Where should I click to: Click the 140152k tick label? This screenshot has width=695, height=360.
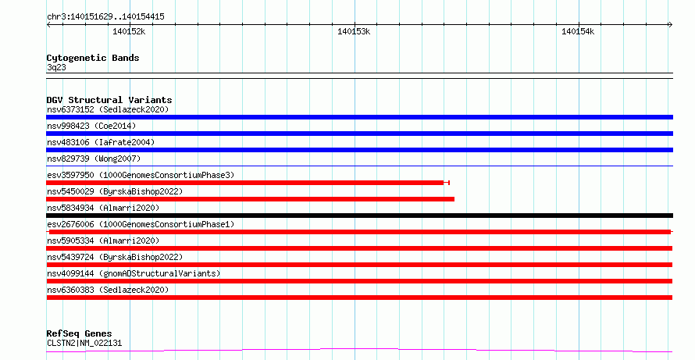click(129, 31)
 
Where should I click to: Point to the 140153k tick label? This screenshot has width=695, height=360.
click(354, 31)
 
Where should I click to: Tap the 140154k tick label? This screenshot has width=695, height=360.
click(578, 31)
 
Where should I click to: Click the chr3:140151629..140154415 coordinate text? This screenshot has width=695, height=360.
click(105, 17)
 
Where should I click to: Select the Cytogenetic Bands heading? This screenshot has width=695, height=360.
click(93, 58)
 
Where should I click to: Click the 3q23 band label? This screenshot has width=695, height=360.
click(56, 67)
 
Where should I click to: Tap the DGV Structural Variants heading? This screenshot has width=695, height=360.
click(109, 100)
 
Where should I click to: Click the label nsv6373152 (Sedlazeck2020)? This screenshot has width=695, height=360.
click(108, 109)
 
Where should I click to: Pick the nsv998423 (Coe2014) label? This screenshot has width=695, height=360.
click(91, 126)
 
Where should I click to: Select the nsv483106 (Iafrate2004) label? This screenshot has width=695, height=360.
click(101, 142)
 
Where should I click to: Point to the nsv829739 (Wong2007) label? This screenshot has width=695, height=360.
click(94, 159)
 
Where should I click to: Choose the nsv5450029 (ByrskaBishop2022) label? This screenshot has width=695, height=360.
click(115, 191)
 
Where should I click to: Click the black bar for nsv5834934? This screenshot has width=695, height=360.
click(359, 216)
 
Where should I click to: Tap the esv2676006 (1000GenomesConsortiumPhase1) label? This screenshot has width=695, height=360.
click(141, 224)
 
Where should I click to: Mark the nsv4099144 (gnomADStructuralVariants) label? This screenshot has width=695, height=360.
click(134, 273)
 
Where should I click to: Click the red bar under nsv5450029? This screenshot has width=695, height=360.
click(251, 199)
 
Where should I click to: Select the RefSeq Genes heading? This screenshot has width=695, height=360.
click(79, 333)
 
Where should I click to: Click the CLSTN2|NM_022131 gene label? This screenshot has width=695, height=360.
click(84, 343)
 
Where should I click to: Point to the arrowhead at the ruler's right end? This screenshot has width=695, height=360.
click(671, 25)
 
